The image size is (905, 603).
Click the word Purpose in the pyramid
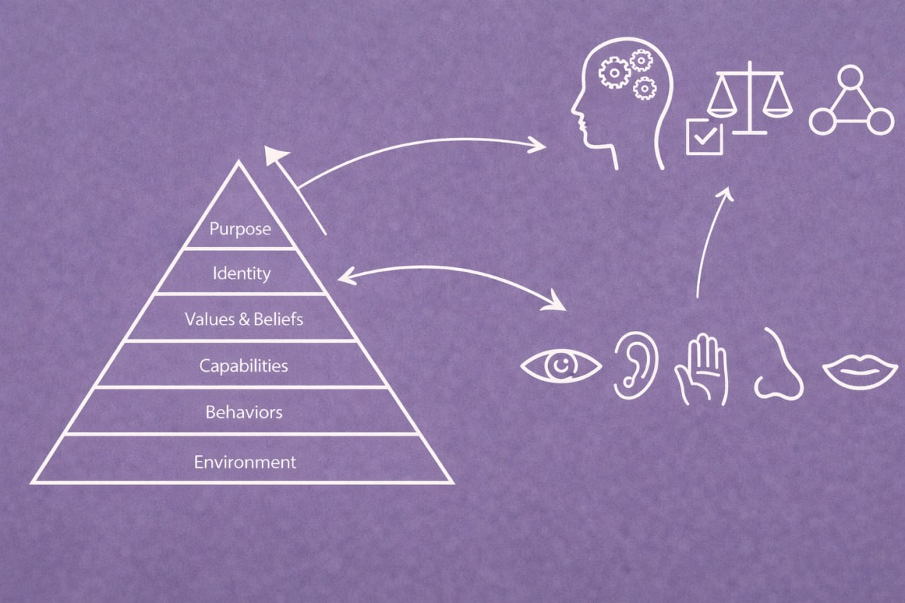240,229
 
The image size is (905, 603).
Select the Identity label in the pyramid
241,273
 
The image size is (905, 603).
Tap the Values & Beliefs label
244,319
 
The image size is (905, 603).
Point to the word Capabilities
243,365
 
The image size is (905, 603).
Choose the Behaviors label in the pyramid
243,411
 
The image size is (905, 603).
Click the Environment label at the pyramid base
245,462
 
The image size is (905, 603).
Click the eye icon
561,366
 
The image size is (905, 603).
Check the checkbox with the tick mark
704,136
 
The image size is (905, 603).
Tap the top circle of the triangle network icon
851,76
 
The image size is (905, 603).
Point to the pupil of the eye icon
561,366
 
